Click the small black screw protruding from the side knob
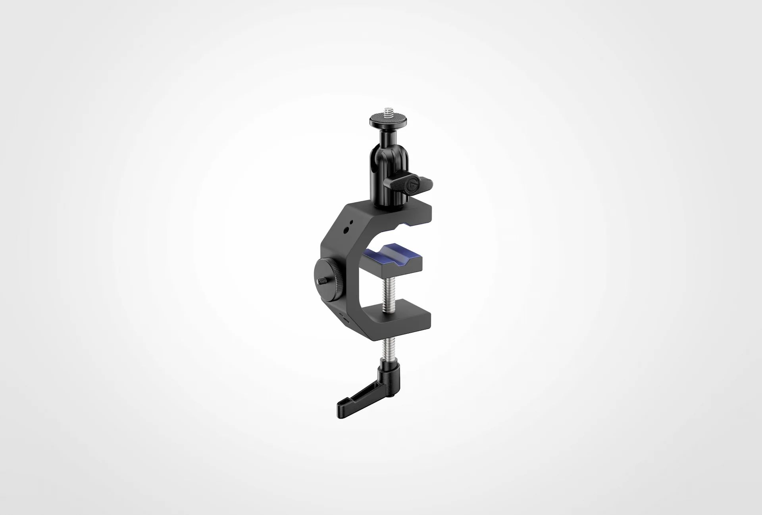coord(319,281)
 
